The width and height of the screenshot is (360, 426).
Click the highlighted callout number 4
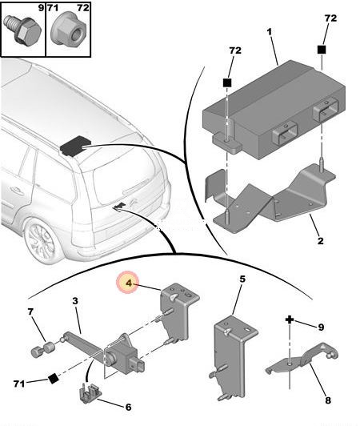pos(129,283)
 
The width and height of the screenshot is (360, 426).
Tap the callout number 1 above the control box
pos(269,32)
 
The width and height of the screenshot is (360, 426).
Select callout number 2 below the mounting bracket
pos(321,241)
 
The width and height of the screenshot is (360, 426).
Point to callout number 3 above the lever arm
pos(75,301)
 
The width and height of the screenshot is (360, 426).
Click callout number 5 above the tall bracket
pos(242,279)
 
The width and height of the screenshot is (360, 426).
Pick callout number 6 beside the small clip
pos(128,407)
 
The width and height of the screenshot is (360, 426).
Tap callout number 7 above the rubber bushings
pos(30,311)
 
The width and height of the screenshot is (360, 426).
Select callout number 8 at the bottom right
pos(328,400)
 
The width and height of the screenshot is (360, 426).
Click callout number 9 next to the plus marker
pos(321,327)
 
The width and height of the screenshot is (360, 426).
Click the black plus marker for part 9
pos(290,319)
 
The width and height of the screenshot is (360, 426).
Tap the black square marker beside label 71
pos(54,379)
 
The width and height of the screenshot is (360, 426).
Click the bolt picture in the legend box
pos(23,30)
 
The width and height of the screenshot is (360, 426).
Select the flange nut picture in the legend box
pos(69,30)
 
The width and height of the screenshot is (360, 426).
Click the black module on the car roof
pos(74,147)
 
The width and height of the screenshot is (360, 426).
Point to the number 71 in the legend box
pos(53,8)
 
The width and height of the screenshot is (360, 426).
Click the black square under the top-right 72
pos(322,50)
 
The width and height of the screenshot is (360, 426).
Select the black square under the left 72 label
pos(227,82)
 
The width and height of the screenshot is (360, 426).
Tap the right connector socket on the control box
pos(326,109)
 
